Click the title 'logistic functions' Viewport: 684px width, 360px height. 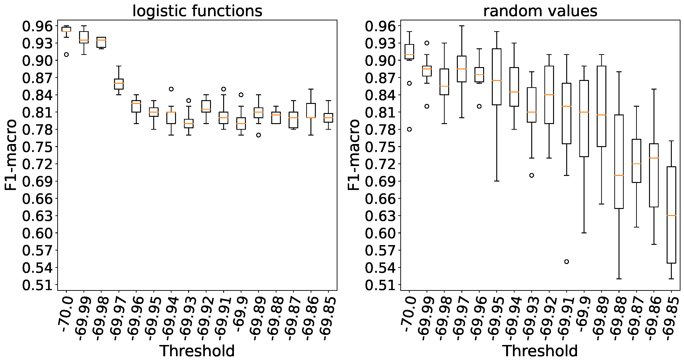tap(197, 11)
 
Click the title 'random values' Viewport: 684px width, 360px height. tap(540, 11)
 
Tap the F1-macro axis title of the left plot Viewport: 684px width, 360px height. tap(11, 155)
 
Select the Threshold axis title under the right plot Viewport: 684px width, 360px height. tap(540, 351)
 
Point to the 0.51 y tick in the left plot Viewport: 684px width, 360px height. tap(37, 285)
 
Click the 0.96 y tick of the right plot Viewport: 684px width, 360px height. tap(380, 26)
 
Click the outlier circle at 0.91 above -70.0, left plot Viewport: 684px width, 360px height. tap(66, 54)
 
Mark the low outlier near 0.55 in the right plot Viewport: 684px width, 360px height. tap(566, 261)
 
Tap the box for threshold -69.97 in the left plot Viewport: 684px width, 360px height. tap(119, 84)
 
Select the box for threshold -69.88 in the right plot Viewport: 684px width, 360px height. tap(619, 161)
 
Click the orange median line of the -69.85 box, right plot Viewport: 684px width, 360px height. tap(671, 215)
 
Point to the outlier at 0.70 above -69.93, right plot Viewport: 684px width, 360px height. tap(531, 175)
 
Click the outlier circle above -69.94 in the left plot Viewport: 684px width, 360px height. tap(171, 89)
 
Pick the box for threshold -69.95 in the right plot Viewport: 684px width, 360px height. tap(497, 77)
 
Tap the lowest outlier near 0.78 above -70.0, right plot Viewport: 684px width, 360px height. tap(409, 129)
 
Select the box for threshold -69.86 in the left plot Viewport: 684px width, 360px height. tap(311, 110)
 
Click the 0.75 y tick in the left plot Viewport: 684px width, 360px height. tap(37, 147)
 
